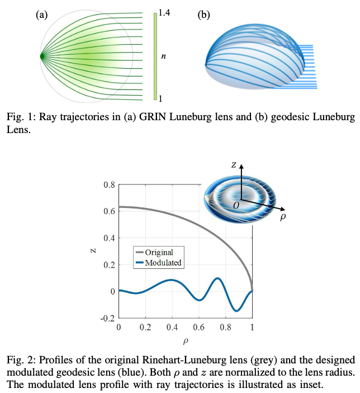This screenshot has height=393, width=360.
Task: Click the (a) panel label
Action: pyautogui.click(x=41, y=15)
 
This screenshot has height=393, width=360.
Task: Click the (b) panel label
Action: pyautogui.click(x=203, y=15)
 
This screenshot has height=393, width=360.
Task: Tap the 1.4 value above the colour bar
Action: pyautogui.click(x=164, y=12)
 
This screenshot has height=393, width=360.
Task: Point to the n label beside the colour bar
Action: pyautogui.click(x=163, y=56)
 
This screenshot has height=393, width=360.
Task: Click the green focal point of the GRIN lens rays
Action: pyautogui.click(x=42, y=56)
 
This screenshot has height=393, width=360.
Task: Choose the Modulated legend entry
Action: pyautogui.click(x=158, y=263)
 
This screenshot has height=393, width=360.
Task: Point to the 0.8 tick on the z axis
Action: pyautogui.click(x=110, y=185)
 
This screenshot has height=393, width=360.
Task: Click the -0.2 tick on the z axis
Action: pyautogui.click(x=107, y=319)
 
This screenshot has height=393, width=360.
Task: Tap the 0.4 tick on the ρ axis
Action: pyautogui.click(x=172, y=328)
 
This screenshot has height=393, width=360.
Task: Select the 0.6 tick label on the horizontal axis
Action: pyautogui.click(x=199, y=328)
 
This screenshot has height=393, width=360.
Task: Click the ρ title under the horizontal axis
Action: pyautogui.click(x=186, y=341)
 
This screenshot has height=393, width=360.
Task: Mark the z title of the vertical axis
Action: pyautogui.click(x=93, y=250)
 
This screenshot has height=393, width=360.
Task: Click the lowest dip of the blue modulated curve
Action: pyautogui.click(x=236, y=311)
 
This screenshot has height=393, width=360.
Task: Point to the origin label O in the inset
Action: pyautogui.click(x=236, y=206)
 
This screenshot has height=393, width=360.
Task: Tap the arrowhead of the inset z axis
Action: pyautogui.click(x=241, y=166)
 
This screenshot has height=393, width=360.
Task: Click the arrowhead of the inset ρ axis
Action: pyautogui.click(x=282, y=209)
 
